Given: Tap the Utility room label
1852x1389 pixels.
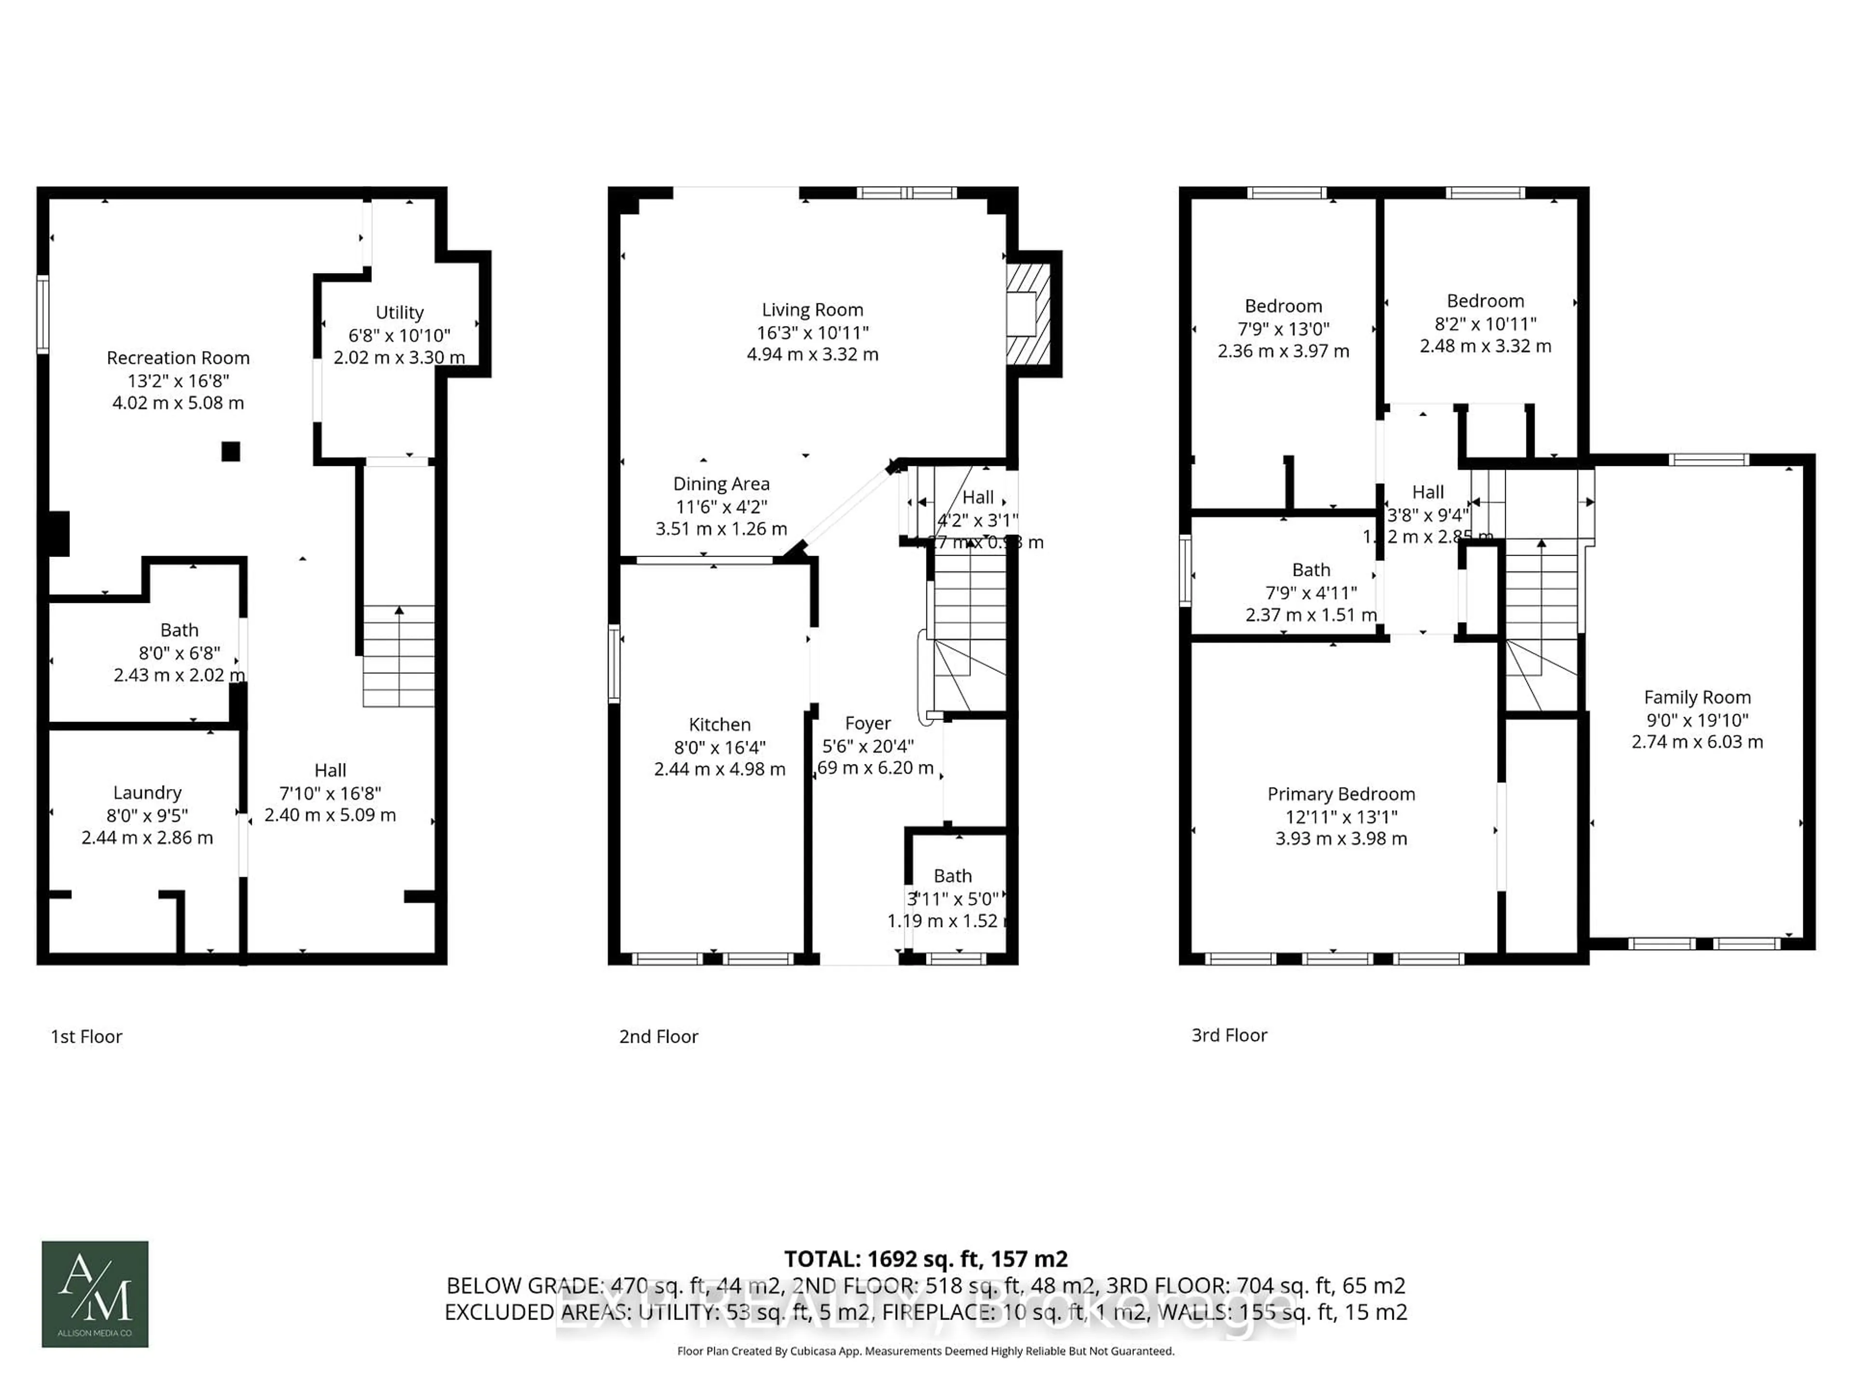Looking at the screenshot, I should (399, 313).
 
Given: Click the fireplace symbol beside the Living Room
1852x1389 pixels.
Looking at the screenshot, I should (1027, 314).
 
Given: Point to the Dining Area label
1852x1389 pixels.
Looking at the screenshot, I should (721, 484).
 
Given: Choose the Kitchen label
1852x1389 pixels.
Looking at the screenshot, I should (719, 725).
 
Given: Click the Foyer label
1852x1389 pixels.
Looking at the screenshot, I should (867, 723).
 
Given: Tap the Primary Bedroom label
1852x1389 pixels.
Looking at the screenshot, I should (1340, 794).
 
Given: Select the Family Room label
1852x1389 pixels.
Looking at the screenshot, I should (1696, 697).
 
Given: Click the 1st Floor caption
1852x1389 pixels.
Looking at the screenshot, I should (86, 1036).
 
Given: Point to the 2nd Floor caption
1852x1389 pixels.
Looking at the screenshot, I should (658, 1036).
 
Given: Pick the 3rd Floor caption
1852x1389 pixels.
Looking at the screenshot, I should (1229, 1035).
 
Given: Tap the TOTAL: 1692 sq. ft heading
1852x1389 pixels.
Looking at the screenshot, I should (925, 1259).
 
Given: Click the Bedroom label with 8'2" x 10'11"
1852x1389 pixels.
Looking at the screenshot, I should (1484, 301).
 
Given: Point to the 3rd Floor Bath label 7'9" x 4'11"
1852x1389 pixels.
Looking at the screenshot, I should (1310, 570).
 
